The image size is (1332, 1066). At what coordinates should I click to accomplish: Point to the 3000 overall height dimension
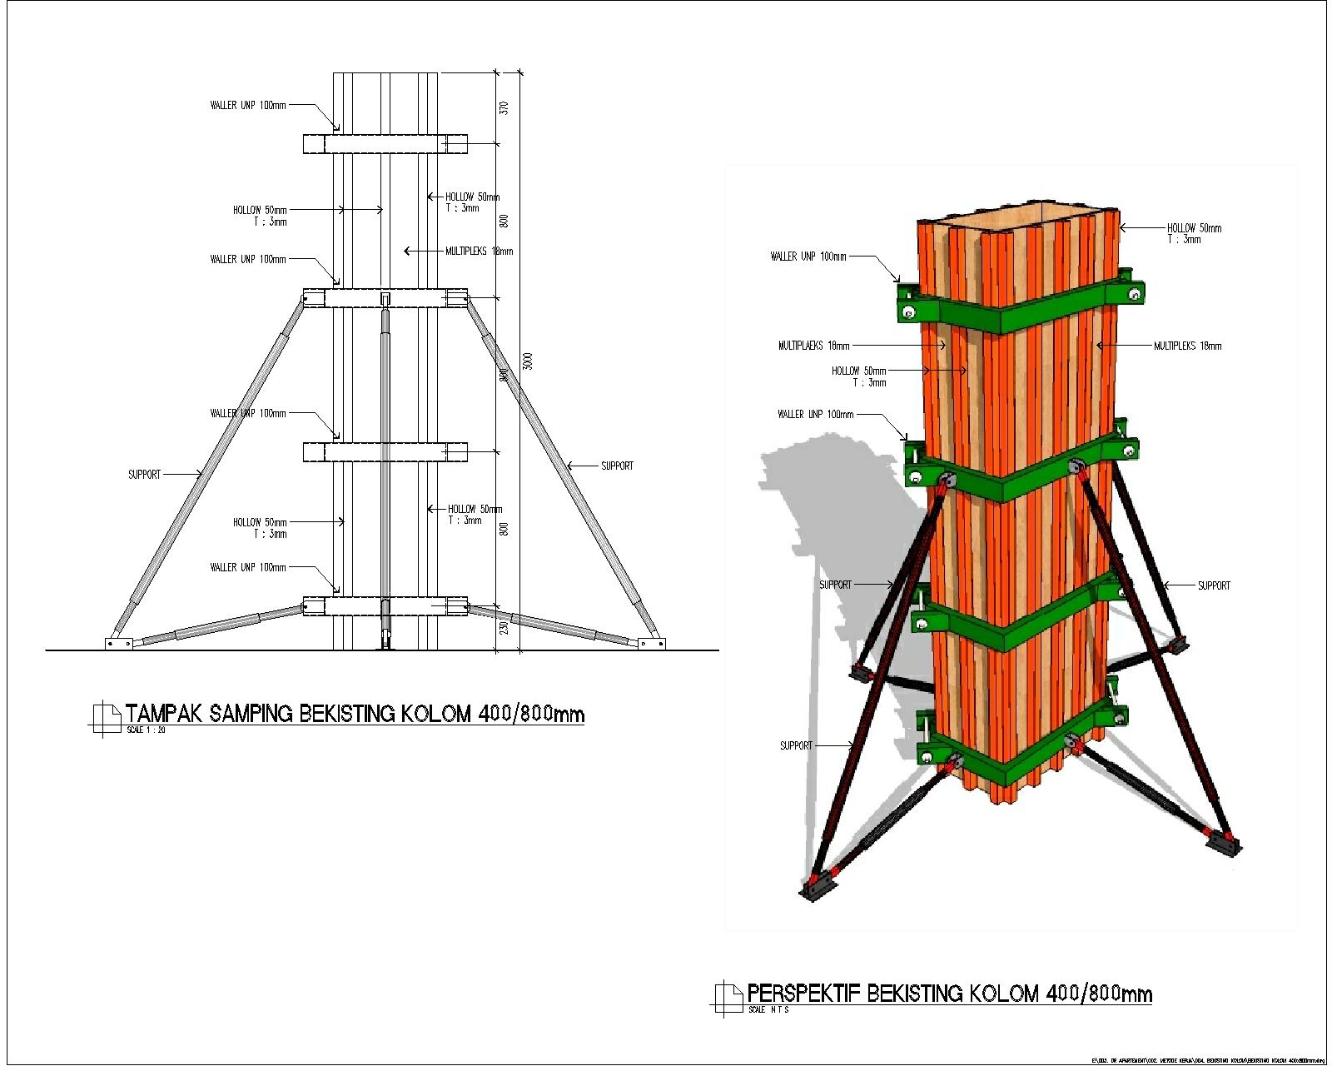[x=528, y=361]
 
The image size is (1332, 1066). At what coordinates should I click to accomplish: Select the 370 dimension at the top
[x=504, y=107]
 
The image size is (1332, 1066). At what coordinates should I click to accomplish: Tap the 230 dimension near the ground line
[x=504, y=627]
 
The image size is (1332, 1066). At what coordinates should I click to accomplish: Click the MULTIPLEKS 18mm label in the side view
[x=479, y=251]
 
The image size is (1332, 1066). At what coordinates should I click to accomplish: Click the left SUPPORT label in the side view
[x=144, y=474]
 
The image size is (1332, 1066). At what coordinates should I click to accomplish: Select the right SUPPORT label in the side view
[x=617, y=466]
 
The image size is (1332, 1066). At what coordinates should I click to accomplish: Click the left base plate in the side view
[x=118, y=642]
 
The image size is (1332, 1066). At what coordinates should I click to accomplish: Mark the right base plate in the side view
[x=651, y=642]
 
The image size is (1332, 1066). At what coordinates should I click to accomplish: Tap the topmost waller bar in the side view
[x=385, y=144]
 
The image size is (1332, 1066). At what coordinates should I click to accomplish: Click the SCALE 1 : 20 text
[x=147, y=730]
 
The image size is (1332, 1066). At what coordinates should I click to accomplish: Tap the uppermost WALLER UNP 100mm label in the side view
[x=247, y=106]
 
